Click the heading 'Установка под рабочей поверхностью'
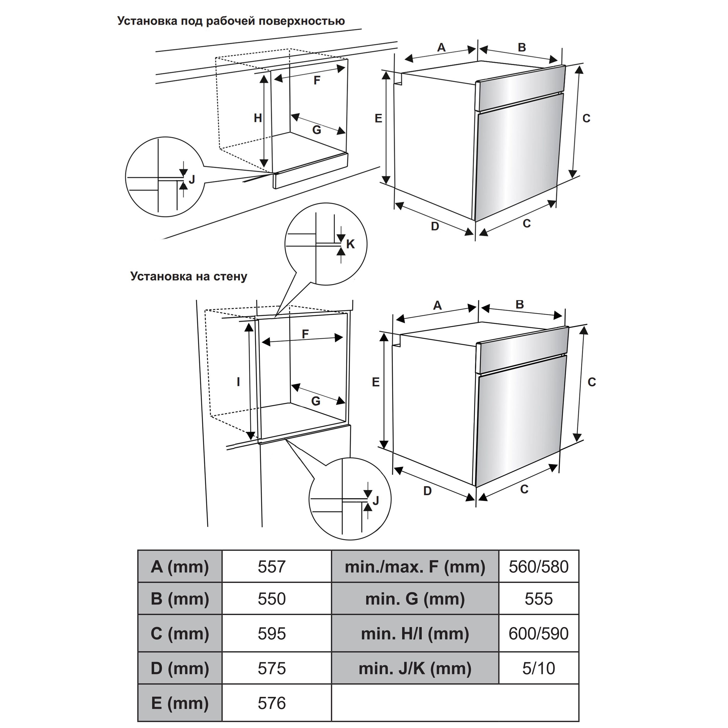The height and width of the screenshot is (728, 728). pos(231,21)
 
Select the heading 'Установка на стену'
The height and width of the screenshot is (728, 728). pos(189,277)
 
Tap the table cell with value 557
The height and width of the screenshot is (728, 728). pos(272,567)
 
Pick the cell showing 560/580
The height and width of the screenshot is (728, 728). pos(538,567)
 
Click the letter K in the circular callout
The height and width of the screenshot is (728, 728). pos(350,244)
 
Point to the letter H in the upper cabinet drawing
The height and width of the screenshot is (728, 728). pos(258,118)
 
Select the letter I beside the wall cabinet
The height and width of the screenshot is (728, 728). pos(238,382)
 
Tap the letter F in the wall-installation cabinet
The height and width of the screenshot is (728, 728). pos(305,334)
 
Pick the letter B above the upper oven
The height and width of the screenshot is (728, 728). pos(521,47)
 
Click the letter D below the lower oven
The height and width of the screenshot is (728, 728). pos(427,491)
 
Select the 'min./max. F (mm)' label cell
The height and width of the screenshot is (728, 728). pos(415,567)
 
